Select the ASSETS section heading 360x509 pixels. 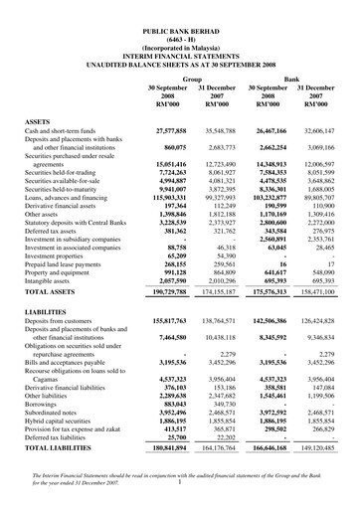tap(39, 118)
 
